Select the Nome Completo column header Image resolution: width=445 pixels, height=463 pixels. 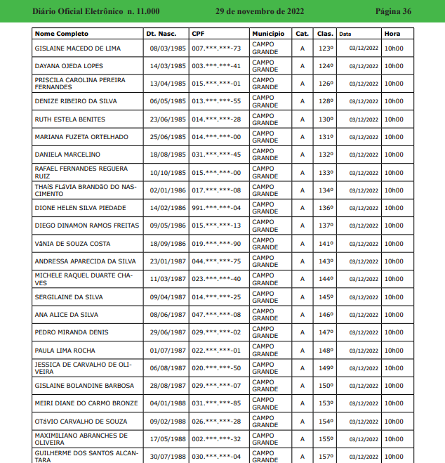pos(62,34)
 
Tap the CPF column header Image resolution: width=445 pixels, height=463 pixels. pos(198,34)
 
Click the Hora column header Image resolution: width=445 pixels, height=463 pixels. pos(392,34)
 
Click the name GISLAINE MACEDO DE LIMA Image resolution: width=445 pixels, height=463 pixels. pos(77,48)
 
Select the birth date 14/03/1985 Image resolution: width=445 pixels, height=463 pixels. pos(168,66)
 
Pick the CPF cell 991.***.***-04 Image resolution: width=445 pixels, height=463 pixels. pos(216,208)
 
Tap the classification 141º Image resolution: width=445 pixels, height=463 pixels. pos(326,244)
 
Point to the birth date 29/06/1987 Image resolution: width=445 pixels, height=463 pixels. pos(168,332)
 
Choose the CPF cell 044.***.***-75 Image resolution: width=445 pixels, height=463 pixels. pos(216,261)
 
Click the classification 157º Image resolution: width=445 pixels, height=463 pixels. pos(326,457)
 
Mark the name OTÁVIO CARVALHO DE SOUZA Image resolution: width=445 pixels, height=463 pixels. pos(81,422)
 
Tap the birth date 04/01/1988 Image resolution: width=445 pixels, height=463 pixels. pos(168,403)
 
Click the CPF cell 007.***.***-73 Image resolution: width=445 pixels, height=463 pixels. pos(216,48)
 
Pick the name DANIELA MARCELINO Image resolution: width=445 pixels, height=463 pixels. pos(67,155)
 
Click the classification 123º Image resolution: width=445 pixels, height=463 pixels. pos(326,48)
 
